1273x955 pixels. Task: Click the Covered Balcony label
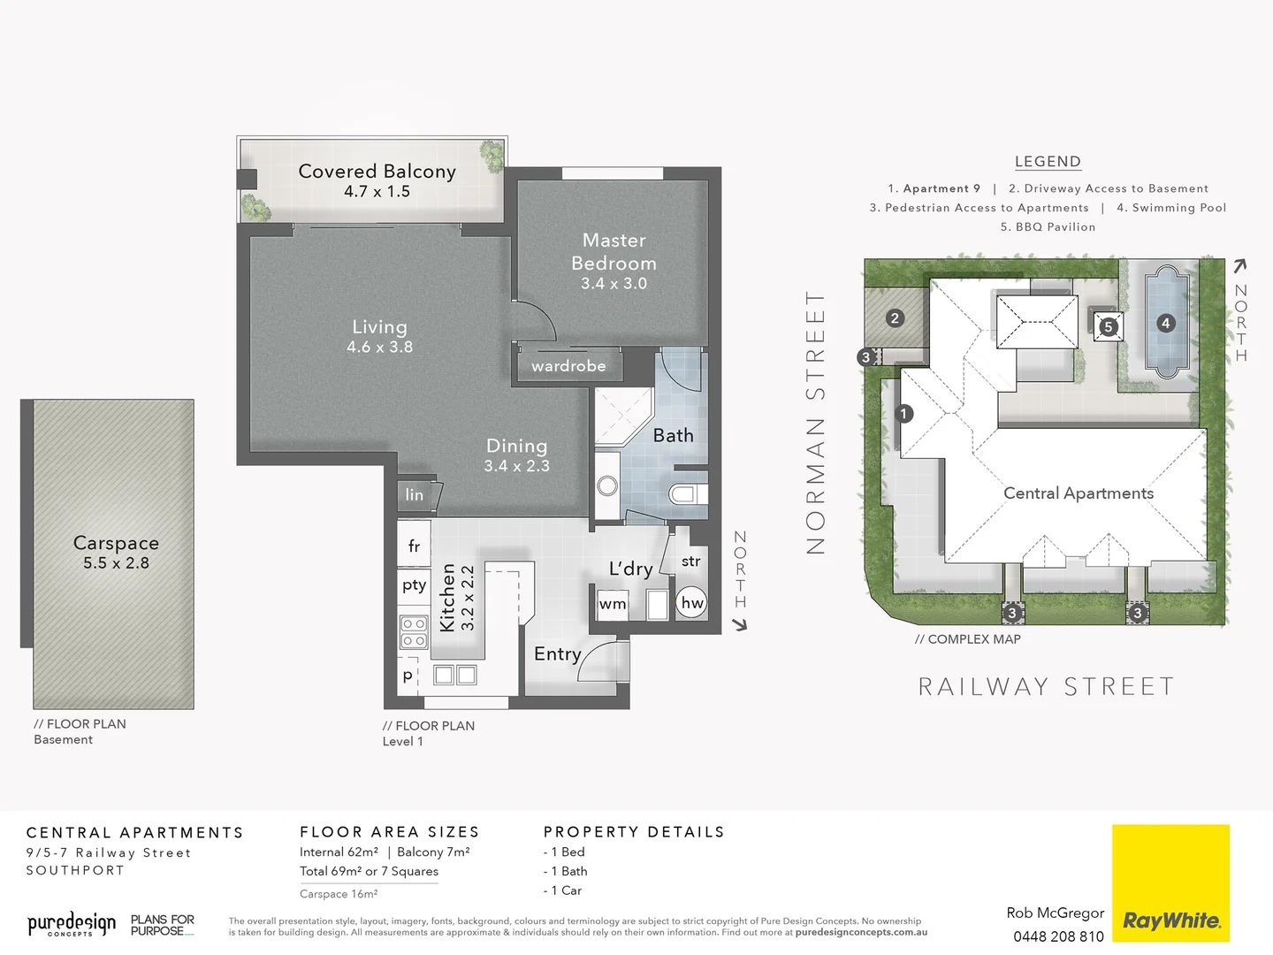coord(377,172)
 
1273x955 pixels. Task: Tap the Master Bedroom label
coord(614,252)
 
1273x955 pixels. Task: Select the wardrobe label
coord(568,366)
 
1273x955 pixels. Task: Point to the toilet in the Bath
coord(685,493)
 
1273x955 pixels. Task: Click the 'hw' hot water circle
coord(692,603)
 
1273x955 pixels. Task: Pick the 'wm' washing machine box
coord(613,604)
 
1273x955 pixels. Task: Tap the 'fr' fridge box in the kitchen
coord(414,546)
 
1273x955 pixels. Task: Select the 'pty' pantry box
coord(414,584)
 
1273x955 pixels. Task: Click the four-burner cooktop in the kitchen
coord(414,632)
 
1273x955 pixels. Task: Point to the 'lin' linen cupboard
coord(415,495)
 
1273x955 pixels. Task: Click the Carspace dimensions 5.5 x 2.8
coord(116,563)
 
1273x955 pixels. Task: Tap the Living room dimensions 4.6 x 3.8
coord(379,348)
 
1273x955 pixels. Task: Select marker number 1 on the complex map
coord(903,413)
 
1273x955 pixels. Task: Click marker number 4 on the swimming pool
coord(1165,324)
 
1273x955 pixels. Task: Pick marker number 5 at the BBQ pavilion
coord(1108,326)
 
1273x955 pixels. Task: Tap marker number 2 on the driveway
coord(895,318)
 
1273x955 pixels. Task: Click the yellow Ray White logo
coord(1170,882)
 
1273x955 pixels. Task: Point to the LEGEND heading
coord(1048,162)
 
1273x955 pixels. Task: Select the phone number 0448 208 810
coord(1058,936)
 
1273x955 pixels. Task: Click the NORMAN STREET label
coord(815,423)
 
